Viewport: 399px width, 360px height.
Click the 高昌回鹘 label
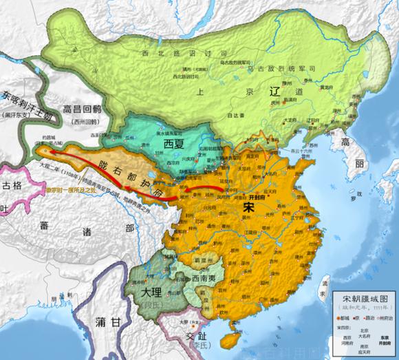82,109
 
